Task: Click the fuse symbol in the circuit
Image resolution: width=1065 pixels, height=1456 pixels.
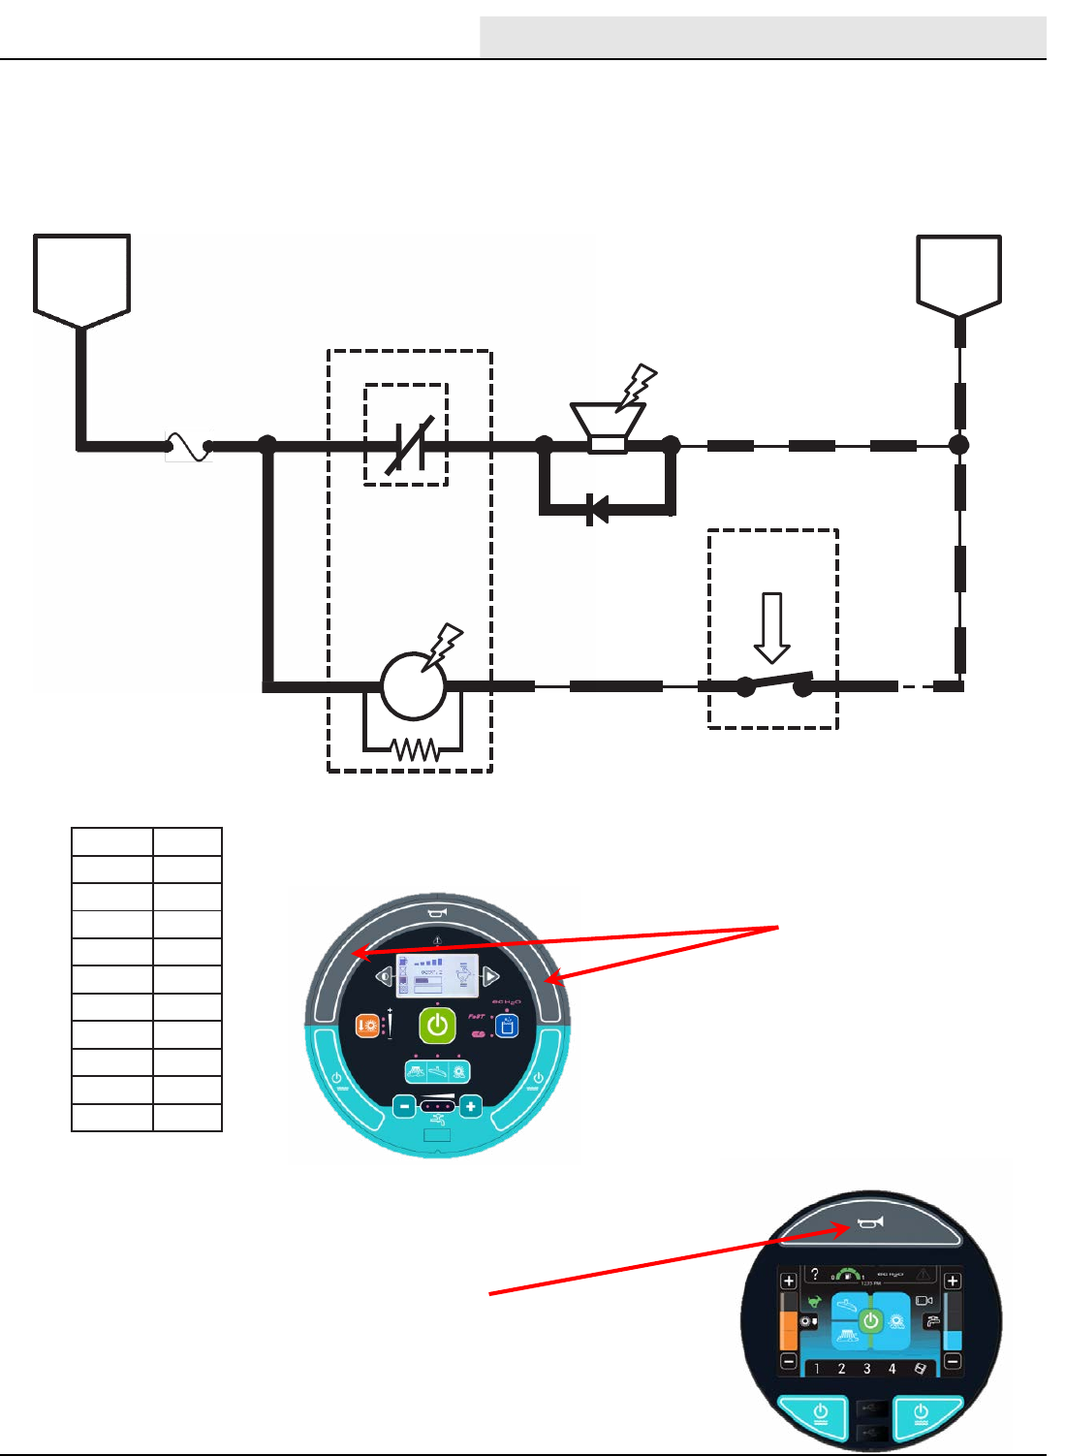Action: click(x=189, y=446)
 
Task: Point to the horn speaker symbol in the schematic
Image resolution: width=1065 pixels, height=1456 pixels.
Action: click(x=608, y=427)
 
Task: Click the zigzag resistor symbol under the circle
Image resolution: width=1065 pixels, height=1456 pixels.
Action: click(x=414, y=749)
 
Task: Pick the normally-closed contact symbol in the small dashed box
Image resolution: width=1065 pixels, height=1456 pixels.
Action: click(x=408, y=445)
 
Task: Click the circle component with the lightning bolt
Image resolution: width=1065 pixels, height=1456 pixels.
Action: click(x=414, y=685)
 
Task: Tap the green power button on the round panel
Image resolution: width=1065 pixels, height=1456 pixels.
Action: click(x=438, y=1026)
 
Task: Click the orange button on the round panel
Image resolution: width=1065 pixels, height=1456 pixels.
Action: click(x=367, y=1026)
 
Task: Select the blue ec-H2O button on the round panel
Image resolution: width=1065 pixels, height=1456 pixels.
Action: click(x=506, y=1027)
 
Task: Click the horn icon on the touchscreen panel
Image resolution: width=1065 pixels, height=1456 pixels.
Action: click(x=870, y=1223)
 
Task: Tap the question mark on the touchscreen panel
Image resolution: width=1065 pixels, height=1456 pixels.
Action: click(x=815, y=1274)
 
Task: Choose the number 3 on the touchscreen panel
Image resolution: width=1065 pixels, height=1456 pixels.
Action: click(x=866, y=1369)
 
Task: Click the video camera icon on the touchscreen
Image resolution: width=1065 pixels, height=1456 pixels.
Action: click(x=924, y=1301)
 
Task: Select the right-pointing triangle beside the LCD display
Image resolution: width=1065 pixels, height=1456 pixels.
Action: click(x=491, y=975)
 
